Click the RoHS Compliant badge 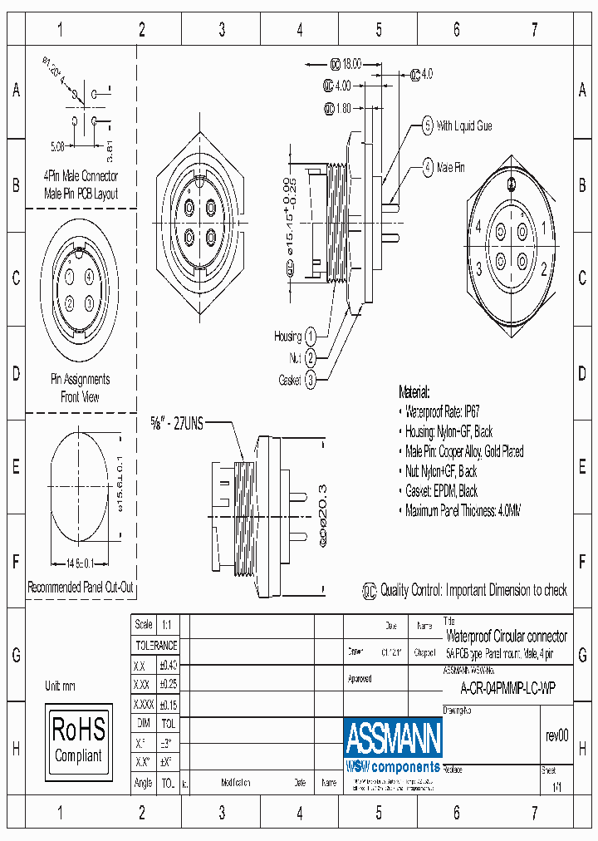tap(79, 739)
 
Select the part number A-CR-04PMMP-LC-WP tap(507, 688)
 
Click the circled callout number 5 tap(427, 126)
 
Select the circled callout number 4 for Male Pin tap(427, 167)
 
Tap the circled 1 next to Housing tap(310, 337)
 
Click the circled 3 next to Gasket tap(310, 380)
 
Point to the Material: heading tap(414, 392)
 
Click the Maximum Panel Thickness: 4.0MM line tap(463, 511)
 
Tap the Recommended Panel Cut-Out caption tap(81, 587)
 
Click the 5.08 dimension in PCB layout tap(57, 146)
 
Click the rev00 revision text tap(556, 735)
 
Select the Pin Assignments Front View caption tap(80, 388)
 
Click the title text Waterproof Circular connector tap(507, 636)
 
